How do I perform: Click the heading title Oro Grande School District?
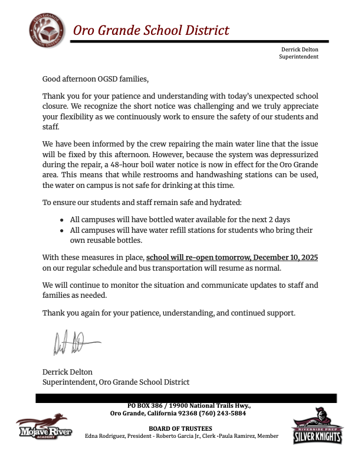[151, 31]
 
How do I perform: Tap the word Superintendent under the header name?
[298, 57]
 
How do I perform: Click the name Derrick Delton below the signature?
[67, 372]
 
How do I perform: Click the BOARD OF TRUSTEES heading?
[181, 428]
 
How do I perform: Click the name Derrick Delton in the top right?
[300, 50]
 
